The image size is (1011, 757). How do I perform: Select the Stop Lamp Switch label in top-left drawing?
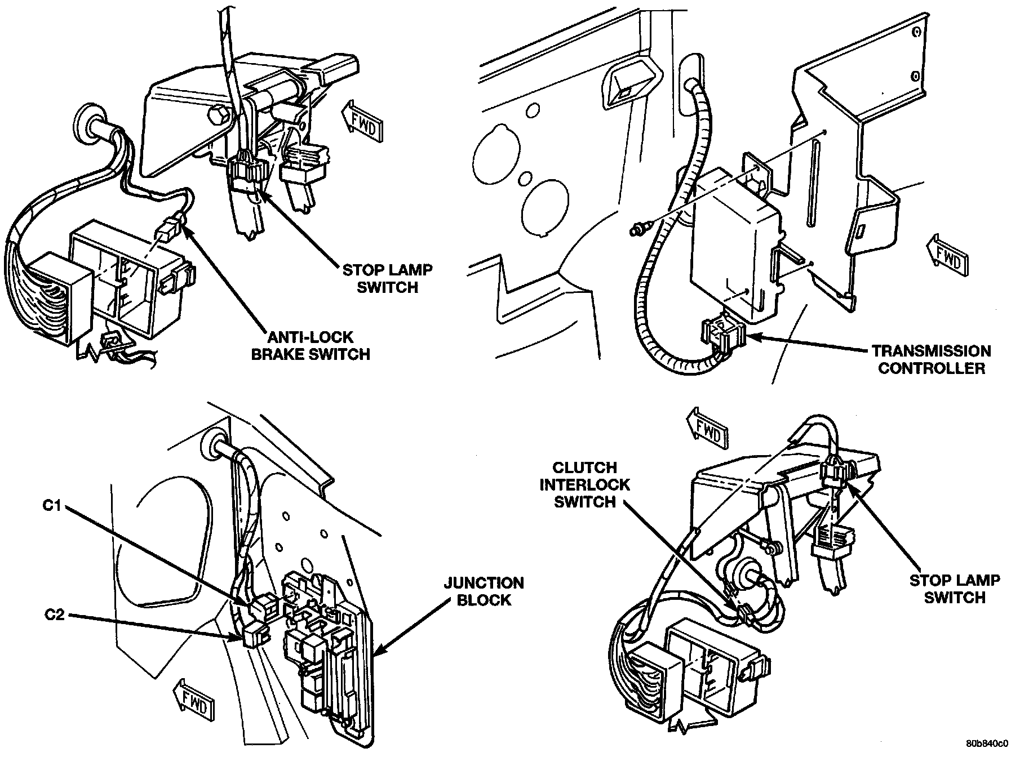pyautogui.click(x=388, y=278)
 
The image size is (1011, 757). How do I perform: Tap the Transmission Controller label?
pyautogui.click(x=932, y=359)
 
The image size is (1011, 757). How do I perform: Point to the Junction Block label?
pyautogui.click(x=484, y=591)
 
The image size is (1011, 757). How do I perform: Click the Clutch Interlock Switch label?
pyautogui.click(x=584, y=484)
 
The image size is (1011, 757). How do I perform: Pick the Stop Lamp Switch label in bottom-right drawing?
pyautogui.click(x=955, y=589)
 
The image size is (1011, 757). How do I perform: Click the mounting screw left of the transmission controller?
pyautogui.click(x=638, y=229)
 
